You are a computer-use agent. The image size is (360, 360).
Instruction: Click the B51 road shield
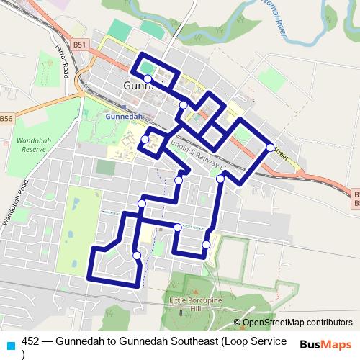(x=79, y=45)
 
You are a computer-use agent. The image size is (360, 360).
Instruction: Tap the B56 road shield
(x=6, y=119)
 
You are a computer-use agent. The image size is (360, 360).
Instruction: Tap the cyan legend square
(x=10, y=343)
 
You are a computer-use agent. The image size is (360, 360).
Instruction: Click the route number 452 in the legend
(x=31, y=341)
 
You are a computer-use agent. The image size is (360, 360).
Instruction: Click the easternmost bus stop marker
(x=270, y=147)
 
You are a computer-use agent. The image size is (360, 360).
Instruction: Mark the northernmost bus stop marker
(x=148, y=78)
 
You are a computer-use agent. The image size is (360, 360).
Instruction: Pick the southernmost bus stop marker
(x=137, y=255)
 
